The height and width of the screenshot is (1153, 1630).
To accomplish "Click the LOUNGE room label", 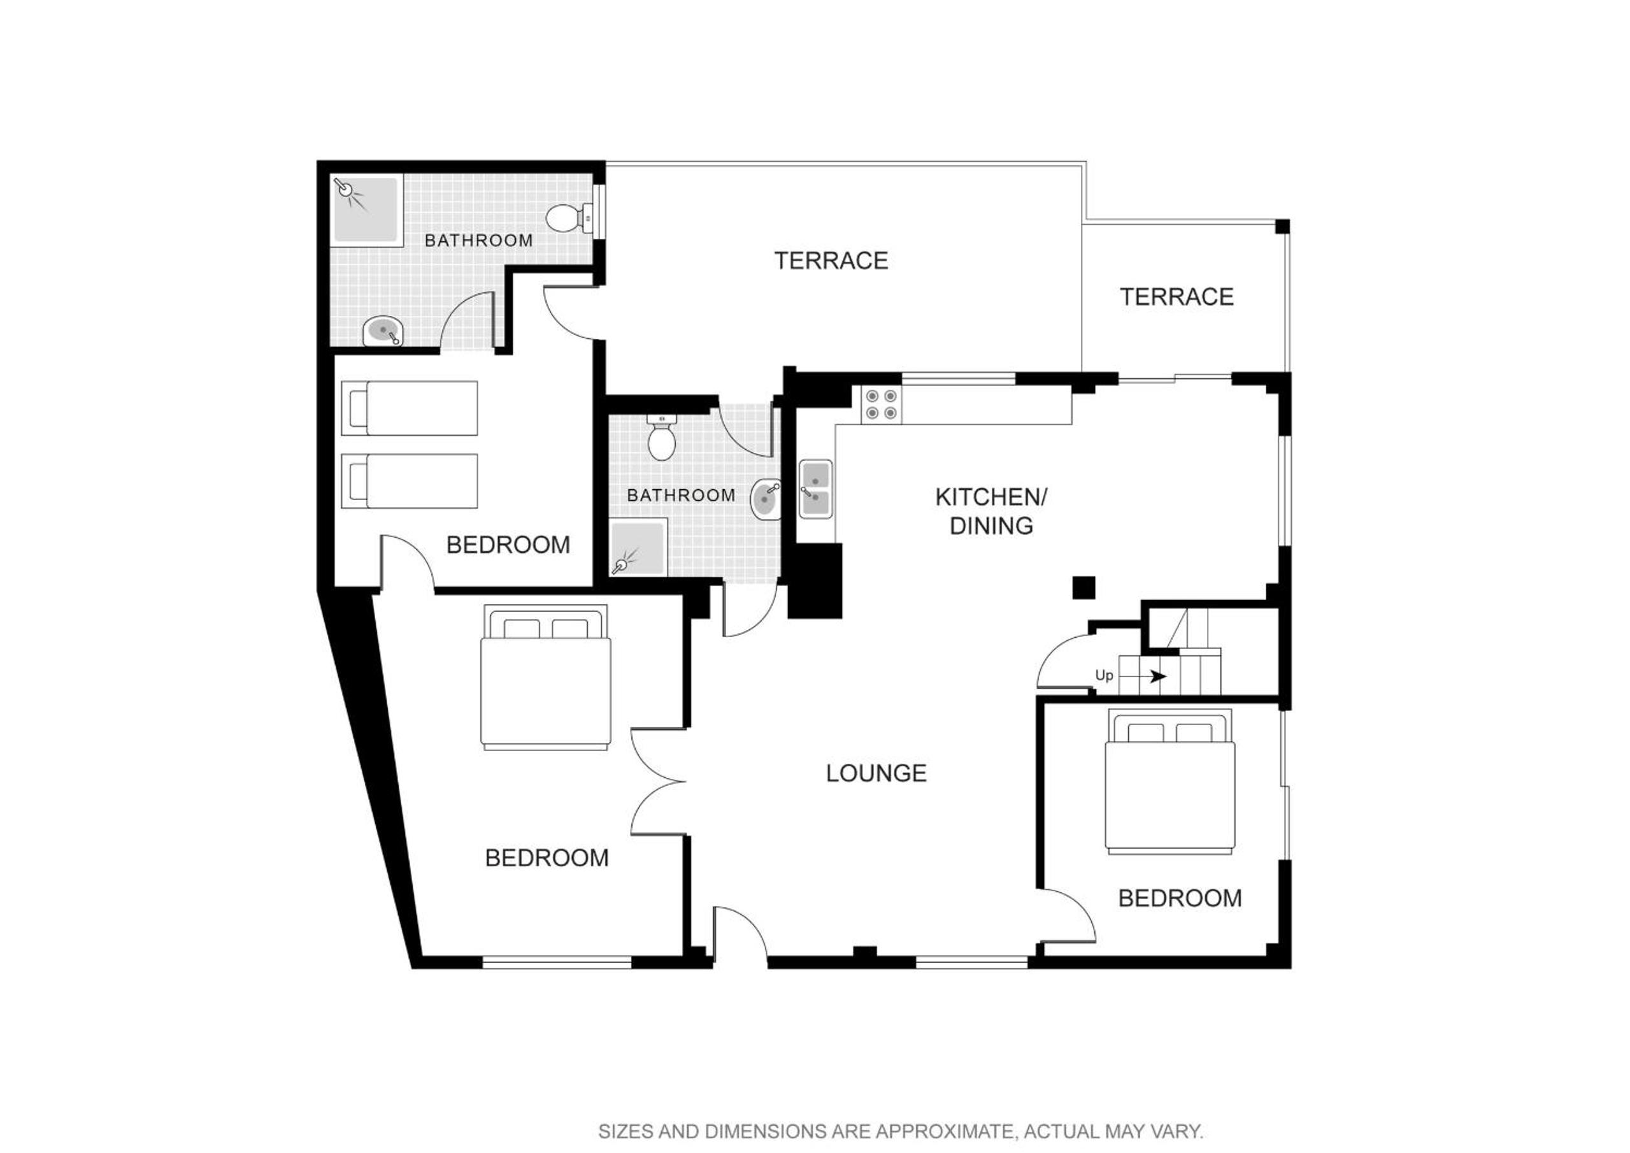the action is (x=876, y=773).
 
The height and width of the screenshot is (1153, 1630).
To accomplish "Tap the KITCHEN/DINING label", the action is (x=991, y=511).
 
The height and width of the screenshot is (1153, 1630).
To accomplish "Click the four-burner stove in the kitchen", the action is (x=882, y=405).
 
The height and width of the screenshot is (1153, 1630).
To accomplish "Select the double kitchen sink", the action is (x=816, y=489).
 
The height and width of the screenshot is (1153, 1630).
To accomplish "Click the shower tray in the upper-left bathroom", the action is (x=366, y=210).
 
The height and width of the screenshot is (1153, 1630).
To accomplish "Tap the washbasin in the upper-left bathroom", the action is (x=383, y=331).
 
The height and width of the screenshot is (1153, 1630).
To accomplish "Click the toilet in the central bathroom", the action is (x=662, y=438).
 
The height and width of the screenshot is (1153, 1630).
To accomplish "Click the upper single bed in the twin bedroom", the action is (x=410, y=408).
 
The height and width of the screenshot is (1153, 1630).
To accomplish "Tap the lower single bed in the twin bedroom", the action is (x=410, y=482).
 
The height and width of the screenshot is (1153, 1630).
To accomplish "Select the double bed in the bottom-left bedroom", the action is (x=546, y=677).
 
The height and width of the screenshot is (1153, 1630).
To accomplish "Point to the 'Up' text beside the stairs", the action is (x=1104, y=675).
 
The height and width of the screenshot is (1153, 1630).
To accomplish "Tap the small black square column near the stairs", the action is (x=1084, y=587).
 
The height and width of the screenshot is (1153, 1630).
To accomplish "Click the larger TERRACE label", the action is (x=831, y=261).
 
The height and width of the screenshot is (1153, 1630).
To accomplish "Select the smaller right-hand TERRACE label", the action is (x=1176, y=297).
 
